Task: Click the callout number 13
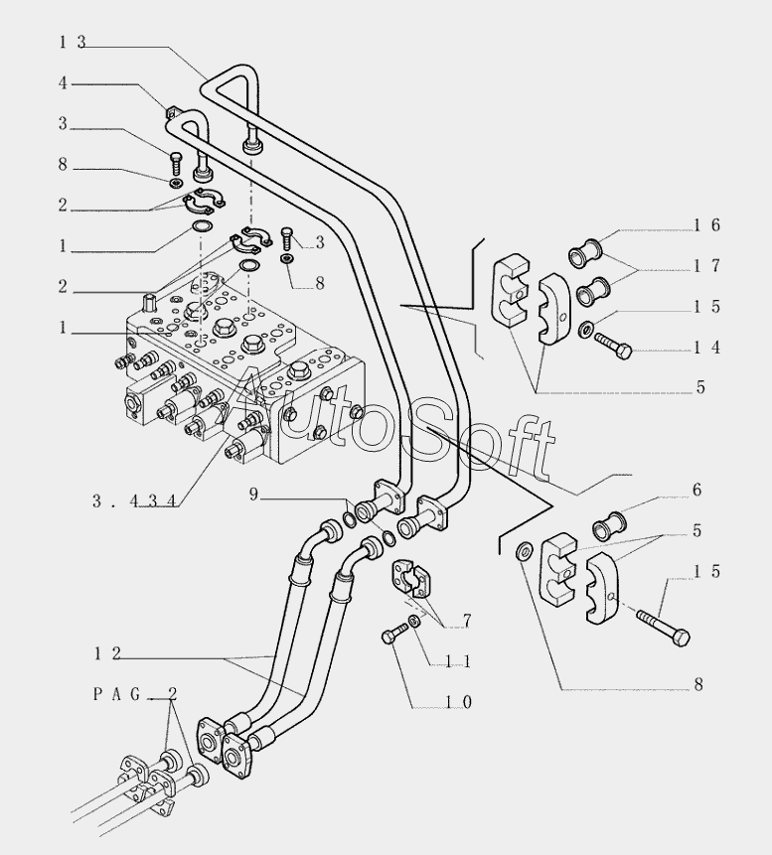point(72,42)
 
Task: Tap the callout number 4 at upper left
point(63,83)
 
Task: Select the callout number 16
point(707,225)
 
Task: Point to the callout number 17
point(707,266)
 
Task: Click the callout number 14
point(707,348)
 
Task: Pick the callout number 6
point(697,490)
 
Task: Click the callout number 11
point(458,661)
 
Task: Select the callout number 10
point(458,702)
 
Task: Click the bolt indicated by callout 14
point(613,346)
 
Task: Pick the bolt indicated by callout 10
point(397,632)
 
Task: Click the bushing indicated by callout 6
point(608,519)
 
